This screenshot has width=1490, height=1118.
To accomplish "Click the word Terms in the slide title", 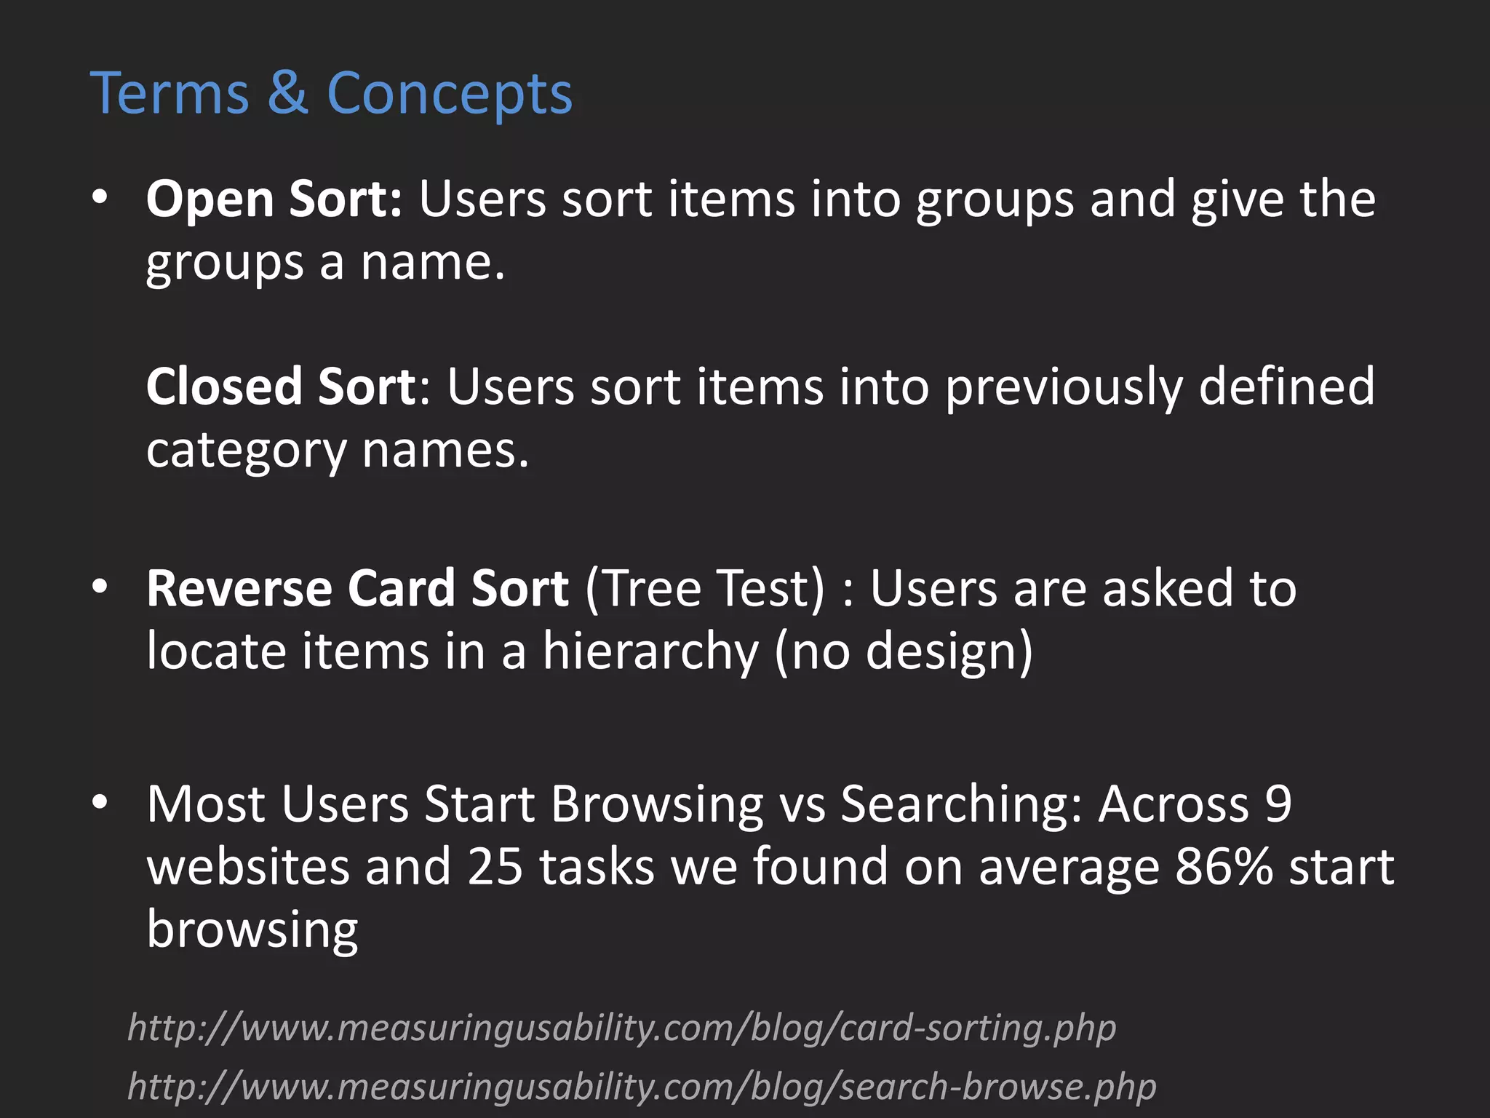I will (169, 94).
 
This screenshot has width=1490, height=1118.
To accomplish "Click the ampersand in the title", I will (287, 94).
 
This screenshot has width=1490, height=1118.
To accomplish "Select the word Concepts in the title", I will (450, 95).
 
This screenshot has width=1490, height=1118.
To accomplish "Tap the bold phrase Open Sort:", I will (274, 199).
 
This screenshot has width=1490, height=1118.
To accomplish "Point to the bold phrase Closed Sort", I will (280, 386).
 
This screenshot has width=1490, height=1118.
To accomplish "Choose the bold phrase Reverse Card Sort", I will (357, 588).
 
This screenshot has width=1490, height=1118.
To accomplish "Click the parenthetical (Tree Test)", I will (705, 588).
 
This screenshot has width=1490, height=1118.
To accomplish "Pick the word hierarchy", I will (650, 651).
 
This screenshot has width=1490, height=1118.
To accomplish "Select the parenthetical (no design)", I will (903, 651).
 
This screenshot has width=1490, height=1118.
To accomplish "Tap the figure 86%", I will (1224, 866).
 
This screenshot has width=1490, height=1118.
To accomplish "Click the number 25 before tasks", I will (495, 866).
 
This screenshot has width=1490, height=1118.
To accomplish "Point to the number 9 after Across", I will (1278, 804).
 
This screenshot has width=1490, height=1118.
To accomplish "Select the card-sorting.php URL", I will (622, 1028).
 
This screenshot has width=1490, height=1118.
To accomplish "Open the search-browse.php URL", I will (642, 1087).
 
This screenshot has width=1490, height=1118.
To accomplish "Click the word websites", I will (247, 866).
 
